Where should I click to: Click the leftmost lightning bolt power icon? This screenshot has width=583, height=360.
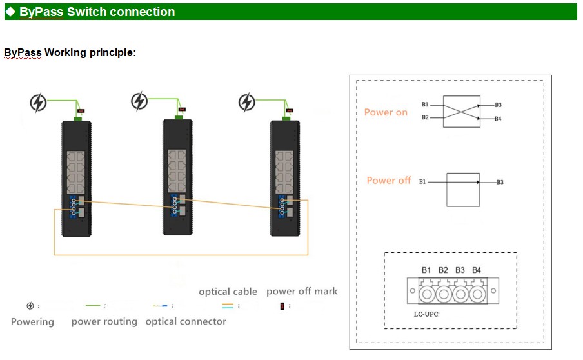click(39, 103)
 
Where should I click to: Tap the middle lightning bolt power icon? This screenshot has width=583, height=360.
click(139, 101)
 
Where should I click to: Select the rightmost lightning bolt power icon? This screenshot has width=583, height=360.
click(247, 102)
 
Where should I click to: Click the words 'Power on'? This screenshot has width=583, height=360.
click(386, 112)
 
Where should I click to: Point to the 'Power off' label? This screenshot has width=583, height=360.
click(388, 181)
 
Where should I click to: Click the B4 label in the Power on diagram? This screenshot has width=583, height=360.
click(498, 119)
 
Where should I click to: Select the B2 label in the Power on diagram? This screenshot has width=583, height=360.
click(425, 117)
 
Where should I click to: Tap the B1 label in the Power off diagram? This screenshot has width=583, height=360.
click(422, 182)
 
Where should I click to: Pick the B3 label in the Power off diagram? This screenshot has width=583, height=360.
click(500, 183)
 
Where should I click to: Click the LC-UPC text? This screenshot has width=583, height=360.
click(426, 315)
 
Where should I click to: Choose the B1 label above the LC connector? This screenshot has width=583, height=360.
click(426, 270)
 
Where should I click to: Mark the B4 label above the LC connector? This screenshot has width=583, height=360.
click(477, 270)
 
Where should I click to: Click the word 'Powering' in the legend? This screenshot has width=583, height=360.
click(32, 321)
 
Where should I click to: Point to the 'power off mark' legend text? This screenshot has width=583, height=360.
click(302, 292)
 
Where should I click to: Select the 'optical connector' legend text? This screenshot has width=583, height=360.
click(186, 321)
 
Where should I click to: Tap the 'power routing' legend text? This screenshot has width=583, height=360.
click(104, 321)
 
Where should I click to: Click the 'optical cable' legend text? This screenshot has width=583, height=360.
click(228, 292)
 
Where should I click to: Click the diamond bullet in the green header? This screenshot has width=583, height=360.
click(10, 12)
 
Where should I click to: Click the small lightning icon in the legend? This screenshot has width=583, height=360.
click(30, 306)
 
